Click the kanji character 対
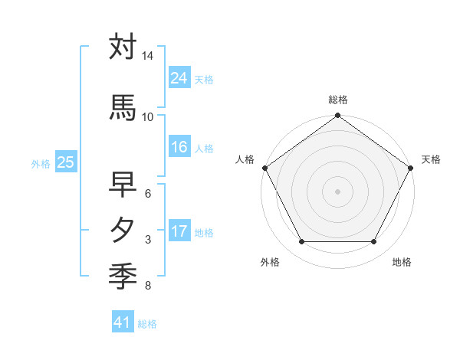[123, 47]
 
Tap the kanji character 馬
[123, 108]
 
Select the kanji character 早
[123, 185]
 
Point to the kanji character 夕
[123, 230]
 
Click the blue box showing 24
[179, 77]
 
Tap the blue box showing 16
[179, 147]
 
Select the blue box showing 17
[179, 231]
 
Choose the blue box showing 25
[65, 162]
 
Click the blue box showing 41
[123, 322]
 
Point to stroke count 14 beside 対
[147, 57]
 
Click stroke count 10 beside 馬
[147, 117]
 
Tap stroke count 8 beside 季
[147, 286]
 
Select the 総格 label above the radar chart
[338, 100]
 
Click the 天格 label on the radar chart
[431, 159]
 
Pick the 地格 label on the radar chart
[402, 263]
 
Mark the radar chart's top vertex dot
[338, 116]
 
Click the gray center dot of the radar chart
[338, 191]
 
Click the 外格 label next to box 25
[41, 163]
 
